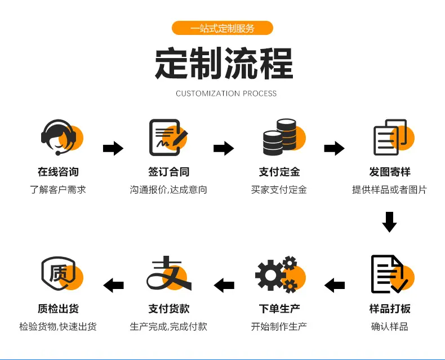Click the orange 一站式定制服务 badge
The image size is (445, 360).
222,28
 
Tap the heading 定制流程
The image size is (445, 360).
224,63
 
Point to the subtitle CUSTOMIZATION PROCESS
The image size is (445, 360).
226,94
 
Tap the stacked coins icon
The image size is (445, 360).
284,137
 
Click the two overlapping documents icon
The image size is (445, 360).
394,137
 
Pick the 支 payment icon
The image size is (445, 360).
169,273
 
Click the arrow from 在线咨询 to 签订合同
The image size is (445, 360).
113,148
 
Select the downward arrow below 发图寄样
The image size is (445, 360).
389,222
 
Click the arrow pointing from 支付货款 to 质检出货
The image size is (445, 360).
114,285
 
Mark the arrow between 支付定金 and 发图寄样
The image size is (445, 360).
335,148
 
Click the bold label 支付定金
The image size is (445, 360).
279,172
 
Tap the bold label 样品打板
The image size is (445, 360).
390,309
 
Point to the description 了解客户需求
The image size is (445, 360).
58,190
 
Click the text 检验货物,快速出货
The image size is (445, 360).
58,327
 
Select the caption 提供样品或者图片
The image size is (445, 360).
389,190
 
